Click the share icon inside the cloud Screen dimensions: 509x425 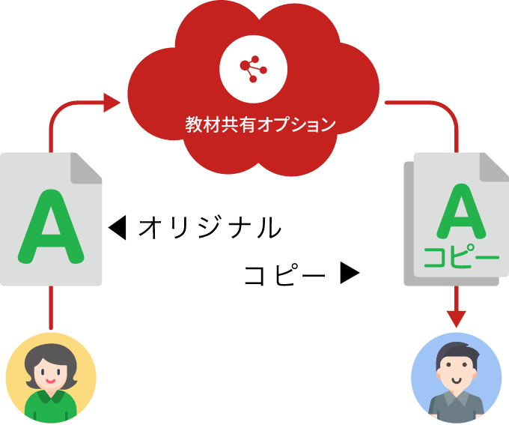click(253, 69)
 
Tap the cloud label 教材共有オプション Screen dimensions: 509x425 click(260, 124)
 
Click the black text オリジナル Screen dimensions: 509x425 click(210, 227)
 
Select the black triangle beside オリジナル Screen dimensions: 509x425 click(118, 227)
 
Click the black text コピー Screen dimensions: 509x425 click(284, 274)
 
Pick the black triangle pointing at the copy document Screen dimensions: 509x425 click(350, 273)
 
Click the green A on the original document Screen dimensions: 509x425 click(51, 226)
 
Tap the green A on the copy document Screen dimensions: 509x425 click(461, 211)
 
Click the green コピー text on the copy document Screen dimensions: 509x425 click(461, 257)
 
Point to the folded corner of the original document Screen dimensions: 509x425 click(86, 168)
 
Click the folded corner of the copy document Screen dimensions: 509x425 click(494, 167)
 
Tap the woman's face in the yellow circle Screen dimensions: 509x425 click(50, 373)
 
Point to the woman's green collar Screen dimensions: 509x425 click(51, 397)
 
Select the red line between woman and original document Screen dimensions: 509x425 click(51, 307)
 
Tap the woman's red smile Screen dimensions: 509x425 click(50, 381)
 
